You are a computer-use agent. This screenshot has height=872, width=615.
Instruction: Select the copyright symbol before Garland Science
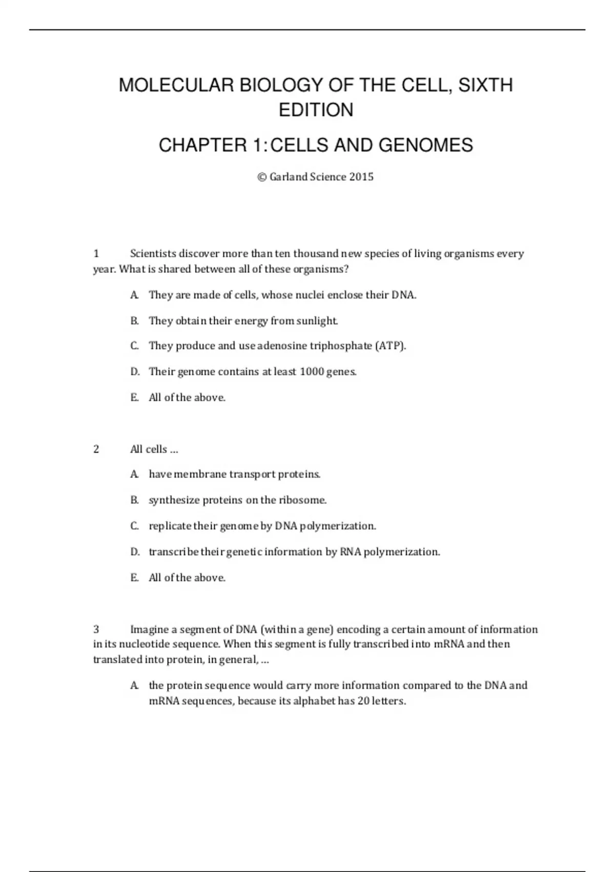click(x=262, y=177)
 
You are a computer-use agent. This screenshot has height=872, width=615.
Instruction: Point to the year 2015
click(x=361, y=177)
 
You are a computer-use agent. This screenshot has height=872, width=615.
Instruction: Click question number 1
click(x=96, y=253)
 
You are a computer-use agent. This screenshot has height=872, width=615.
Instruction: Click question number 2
click(x=96, y=449)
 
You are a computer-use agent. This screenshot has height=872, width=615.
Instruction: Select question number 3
click(x=96, y=629)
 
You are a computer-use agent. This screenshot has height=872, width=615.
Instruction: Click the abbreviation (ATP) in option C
click(x=391, y=346)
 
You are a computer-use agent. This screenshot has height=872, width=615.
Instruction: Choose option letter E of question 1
click(x=134, y=398)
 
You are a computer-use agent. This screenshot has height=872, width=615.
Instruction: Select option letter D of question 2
click(x=135, y=552)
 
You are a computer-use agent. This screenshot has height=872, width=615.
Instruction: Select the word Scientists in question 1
click(x=153, y=253)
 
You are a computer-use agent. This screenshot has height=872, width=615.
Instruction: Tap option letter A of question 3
click(x=134, y=686)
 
